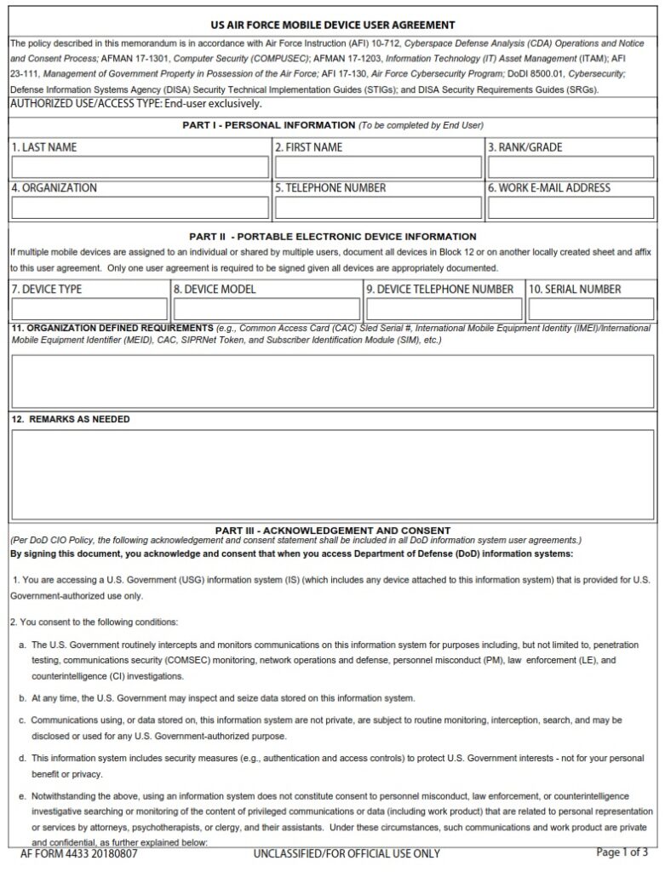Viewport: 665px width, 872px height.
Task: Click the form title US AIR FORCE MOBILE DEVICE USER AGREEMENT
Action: pyautogui.click(x=333, y=25)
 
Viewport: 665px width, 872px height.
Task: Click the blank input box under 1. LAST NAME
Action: pyautogui.click(x=140, y=167)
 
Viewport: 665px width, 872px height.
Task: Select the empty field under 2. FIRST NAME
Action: pyautogui.click(x=377, y=167)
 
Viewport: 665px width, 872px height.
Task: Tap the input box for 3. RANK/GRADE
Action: pyautogui.click(x=571, y=167)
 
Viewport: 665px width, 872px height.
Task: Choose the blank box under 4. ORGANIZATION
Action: pyautogui.click(x=140, y=208)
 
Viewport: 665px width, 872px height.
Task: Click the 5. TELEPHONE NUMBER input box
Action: pyautogui.click(x=377, y=208)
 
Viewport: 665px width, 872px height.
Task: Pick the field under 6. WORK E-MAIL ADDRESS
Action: pyautogui.click(x=571, y=208)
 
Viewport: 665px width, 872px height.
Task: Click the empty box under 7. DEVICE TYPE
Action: pyautogui.click(x=89, y=308)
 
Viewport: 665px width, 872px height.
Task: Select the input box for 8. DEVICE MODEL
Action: pyautogui.click(x=267, y=308)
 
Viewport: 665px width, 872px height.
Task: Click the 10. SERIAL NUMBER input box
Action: pyautogui.click(x=591, y=308)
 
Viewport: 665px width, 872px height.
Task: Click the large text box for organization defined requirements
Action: pyautogui.click(x=333, y=381)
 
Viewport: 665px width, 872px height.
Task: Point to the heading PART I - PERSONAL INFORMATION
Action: pyautogui.click(x=333, y=125)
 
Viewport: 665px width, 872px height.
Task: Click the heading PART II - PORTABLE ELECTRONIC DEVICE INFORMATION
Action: pyautogui.click(x=333, y=237)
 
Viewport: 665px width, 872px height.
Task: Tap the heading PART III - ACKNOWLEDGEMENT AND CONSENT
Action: pyautogui.click(x=333, y=530)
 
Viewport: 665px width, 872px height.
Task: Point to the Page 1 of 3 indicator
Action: pyautogui.click(x=622, y=852)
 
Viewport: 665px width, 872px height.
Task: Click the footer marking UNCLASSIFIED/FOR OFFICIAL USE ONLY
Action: pyautogui.click(x=347, y=853)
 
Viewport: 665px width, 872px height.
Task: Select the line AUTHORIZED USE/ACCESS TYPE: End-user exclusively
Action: pyautogui.click(x=135, y=104)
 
